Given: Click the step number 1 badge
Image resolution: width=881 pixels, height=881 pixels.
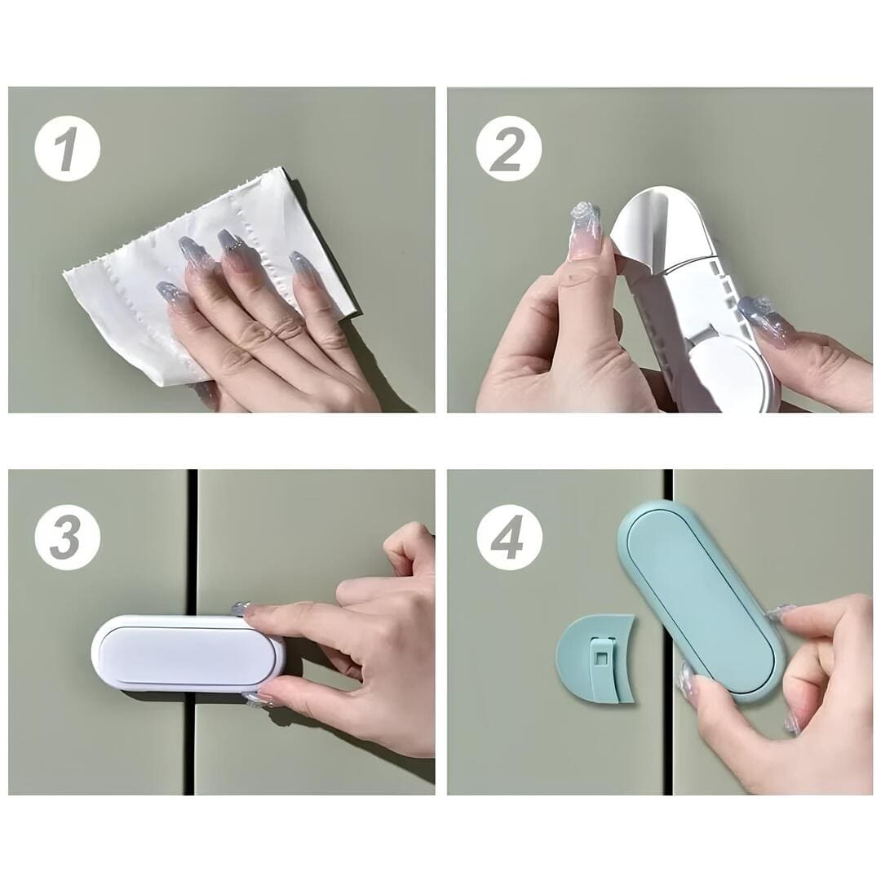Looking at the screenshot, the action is (x=68, y=148).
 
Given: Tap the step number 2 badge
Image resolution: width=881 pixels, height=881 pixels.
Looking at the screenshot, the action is (x=508, y=148).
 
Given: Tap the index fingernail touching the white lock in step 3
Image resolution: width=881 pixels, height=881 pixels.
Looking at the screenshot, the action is (x=241, y=609).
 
